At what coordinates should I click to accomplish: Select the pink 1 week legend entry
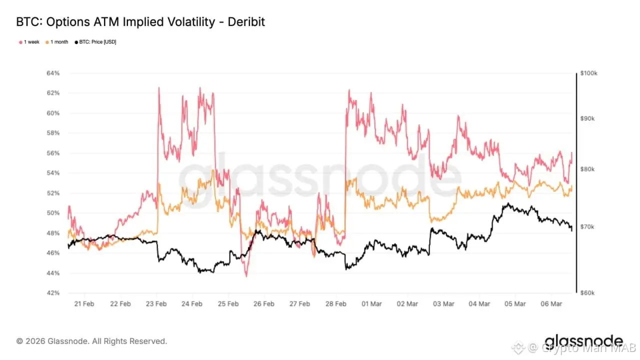pyautogui.click(x=29, y=42)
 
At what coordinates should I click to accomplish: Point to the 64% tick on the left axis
pyautogui.click(x=53, y=73)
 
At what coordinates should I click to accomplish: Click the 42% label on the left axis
pyautogui.click(x=53, y=293)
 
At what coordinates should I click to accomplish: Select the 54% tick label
pyautogui.click(x=53, y=173)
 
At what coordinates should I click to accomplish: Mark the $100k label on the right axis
pyautogui.click(x=589, y=73)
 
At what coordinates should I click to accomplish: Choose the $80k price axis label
pyautogui.click(x=588, y=169)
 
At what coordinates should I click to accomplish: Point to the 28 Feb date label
pyautogui.click(x=336, y=304)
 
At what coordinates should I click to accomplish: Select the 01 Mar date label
pyautogui.click(x=372, y=304)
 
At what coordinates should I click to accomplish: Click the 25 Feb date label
pyautogui.click(x=228, y=304)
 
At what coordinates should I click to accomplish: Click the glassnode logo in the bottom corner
pyautogui.click(x=583, y=341)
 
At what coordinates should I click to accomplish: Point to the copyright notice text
pyautogui.click(x=91, y=341)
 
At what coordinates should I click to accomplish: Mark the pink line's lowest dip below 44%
pyautogui.click(x=246, y=275)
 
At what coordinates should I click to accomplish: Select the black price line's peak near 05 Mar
pyautogui.click(x=507, y=203)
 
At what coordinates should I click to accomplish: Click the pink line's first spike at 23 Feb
pyautogui.click(x=158, y=88)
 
